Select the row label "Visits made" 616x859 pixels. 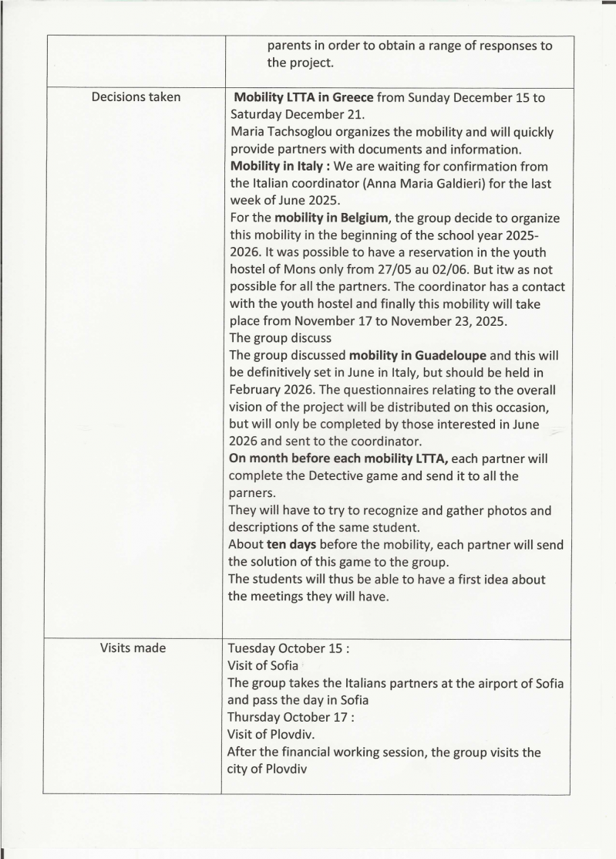tap(133, 648)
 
